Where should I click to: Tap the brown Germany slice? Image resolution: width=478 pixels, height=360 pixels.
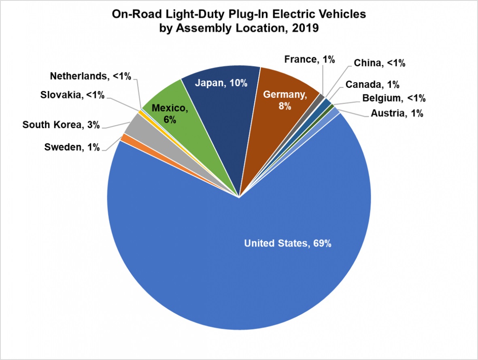pyautogui.click(x=279, y=121)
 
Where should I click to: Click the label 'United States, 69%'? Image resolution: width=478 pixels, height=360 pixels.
pyautogui.click(x=288, y=243)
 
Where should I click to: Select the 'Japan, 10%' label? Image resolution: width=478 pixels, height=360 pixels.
pyautogui.click(x=221, y=83)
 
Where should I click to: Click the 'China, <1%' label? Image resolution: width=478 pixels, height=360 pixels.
pyautogui.click(x=379, y=63)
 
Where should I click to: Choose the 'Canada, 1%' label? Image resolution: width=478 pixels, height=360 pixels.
pyautogui.click(x=372, y=85)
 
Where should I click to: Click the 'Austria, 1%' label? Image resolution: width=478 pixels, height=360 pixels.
pyautogui.click(x=397, y=114)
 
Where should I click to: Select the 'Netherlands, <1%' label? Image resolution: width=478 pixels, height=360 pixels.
pyautogui.click(x=91, y=76)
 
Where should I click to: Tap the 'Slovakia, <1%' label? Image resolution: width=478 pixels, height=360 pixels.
pyautogui.click(x=72, y=96)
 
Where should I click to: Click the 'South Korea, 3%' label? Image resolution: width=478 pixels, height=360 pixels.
pyautogui.click(x=61, y=125)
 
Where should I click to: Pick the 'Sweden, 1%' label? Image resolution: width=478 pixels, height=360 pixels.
pyautogui.click(x=72, y=147)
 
